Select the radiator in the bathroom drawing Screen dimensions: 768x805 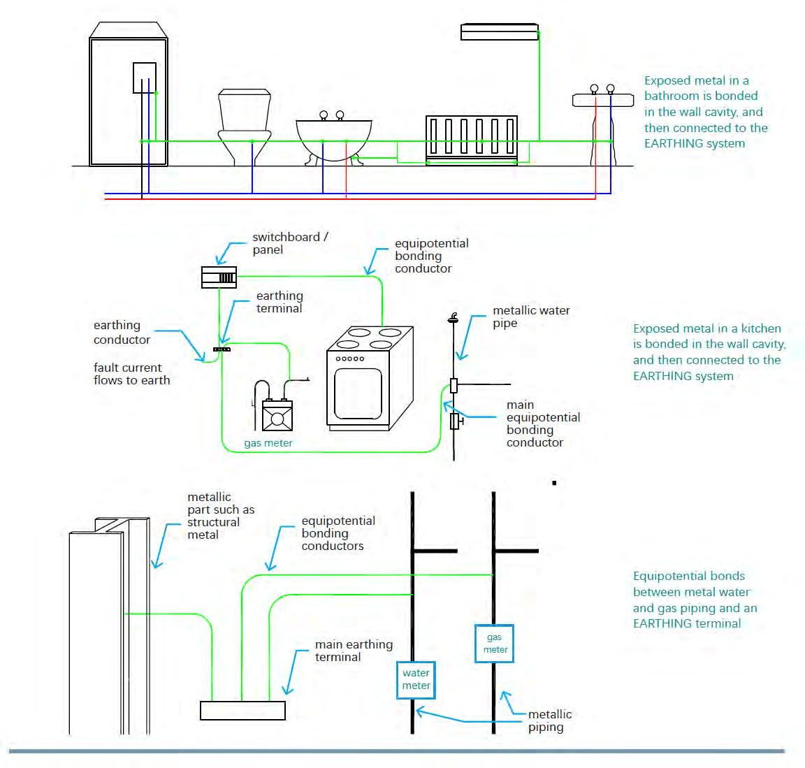(x=472, y=137)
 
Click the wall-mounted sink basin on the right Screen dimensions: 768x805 (x=602, y=99)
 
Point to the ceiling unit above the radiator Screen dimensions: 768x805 (x=499, y=31)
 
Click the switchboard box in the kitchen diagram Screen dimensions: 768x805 (x=219, y=277)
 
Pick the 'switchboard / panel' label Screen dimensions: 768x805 (x=290, y=243)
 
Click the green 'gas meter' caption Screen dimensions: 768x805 (x=268, y=443)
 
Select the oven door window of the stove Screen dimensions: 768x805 (x=358, y=393)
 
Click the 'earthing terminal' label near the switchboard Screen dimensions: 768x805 (x=280, y=302)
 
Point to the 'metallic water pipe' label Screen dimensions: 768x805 (x=531, y=317)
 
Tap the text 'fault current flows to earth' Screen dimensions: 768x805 (x=131, y=374)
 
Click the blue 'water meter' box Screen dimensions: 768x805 (x=416, y=679)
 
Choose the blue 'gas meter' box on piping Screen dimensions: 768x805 (x=495, y=643)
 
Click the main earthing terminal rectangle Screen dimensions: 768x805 (x=242, y=710)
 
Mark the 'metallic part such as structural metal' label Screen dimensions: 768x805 (x=220, y=516)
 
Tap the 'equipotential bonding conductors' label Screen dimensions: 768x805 (x=338, y=533)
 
